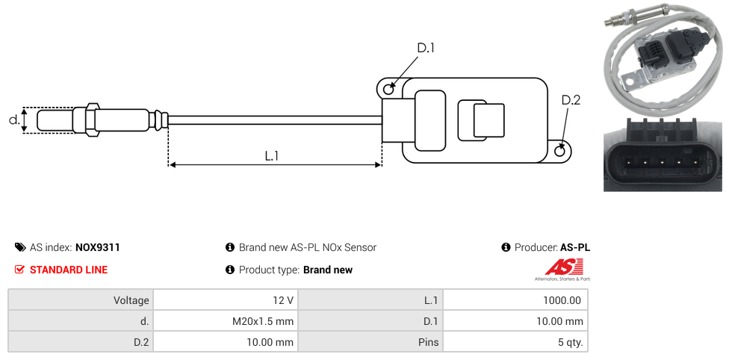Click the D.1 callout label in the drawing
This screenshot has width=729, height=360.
[x=426, y=48]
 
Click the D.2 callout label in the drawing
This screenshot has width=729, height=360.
[x=571, y=100]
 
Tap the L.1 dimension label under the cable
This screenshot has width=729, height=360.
[x=272, y=156]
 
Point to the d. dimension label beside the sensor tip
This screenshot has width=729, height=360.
[x=13, y=120]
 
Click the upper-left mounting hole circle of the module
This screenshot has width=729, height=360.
[x=388, y=90]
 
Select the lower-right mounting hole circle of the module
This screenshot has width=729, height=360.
[x=561, y=152]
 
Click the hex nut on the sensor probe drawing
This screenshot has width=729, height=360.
[x=93, y=120]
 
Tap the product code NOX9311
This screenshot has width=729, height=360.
[x=98, y=247]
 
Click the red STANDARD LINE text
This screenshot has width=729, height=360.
[x=68, y=270]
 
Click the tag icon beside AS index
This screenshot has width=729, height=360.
[x=20, y=247]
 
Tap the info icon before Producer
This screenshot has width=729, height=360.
[x=506, y=247]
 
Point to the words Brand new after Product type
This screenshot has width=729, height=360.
[x=327, y=270]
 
